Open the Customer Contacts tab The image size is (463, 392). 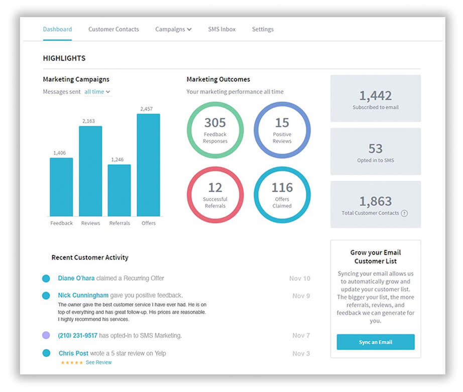[113, 29]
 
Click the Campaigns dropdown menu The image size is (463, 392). [173, 29]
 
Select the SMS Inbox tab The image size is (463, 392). [221, 29]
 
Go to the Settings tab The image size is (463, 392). [263, 29]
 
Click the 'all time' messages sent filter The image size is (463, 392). [97, 92]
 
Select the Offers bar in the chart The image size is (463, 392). [148, 165]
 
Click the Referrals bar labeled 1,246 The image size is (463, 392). [119, 190]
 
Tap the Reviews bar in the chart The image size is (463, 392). [90, 171]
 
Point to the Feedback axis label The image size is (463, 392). [61, 223]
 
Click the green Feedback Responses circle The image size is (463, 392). [215, 130]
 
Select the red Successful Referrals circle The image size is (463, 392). [215, 194]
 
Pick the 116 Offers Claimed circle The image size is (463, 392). [282, 194]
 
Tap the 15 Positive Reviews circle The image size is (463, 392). [282, 130]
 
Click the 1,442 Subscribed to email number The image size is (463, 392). [375, 96]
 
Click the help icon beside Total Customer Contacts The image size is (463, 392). [404, 213]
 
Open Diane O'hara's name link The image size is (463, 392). [76, 278]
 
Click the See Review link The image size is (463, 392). [98, 362]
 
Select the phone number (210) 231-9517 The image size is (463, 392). [77, 335]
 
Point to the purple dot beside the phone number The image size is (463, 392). [46, 335]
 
